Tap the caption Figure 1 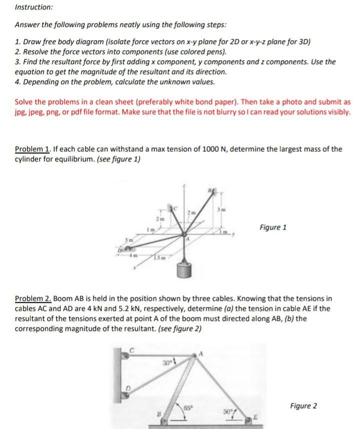tap(273, 228)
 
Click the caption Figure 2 tap(303, 406)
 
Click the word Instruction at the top tap(34, 8)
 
